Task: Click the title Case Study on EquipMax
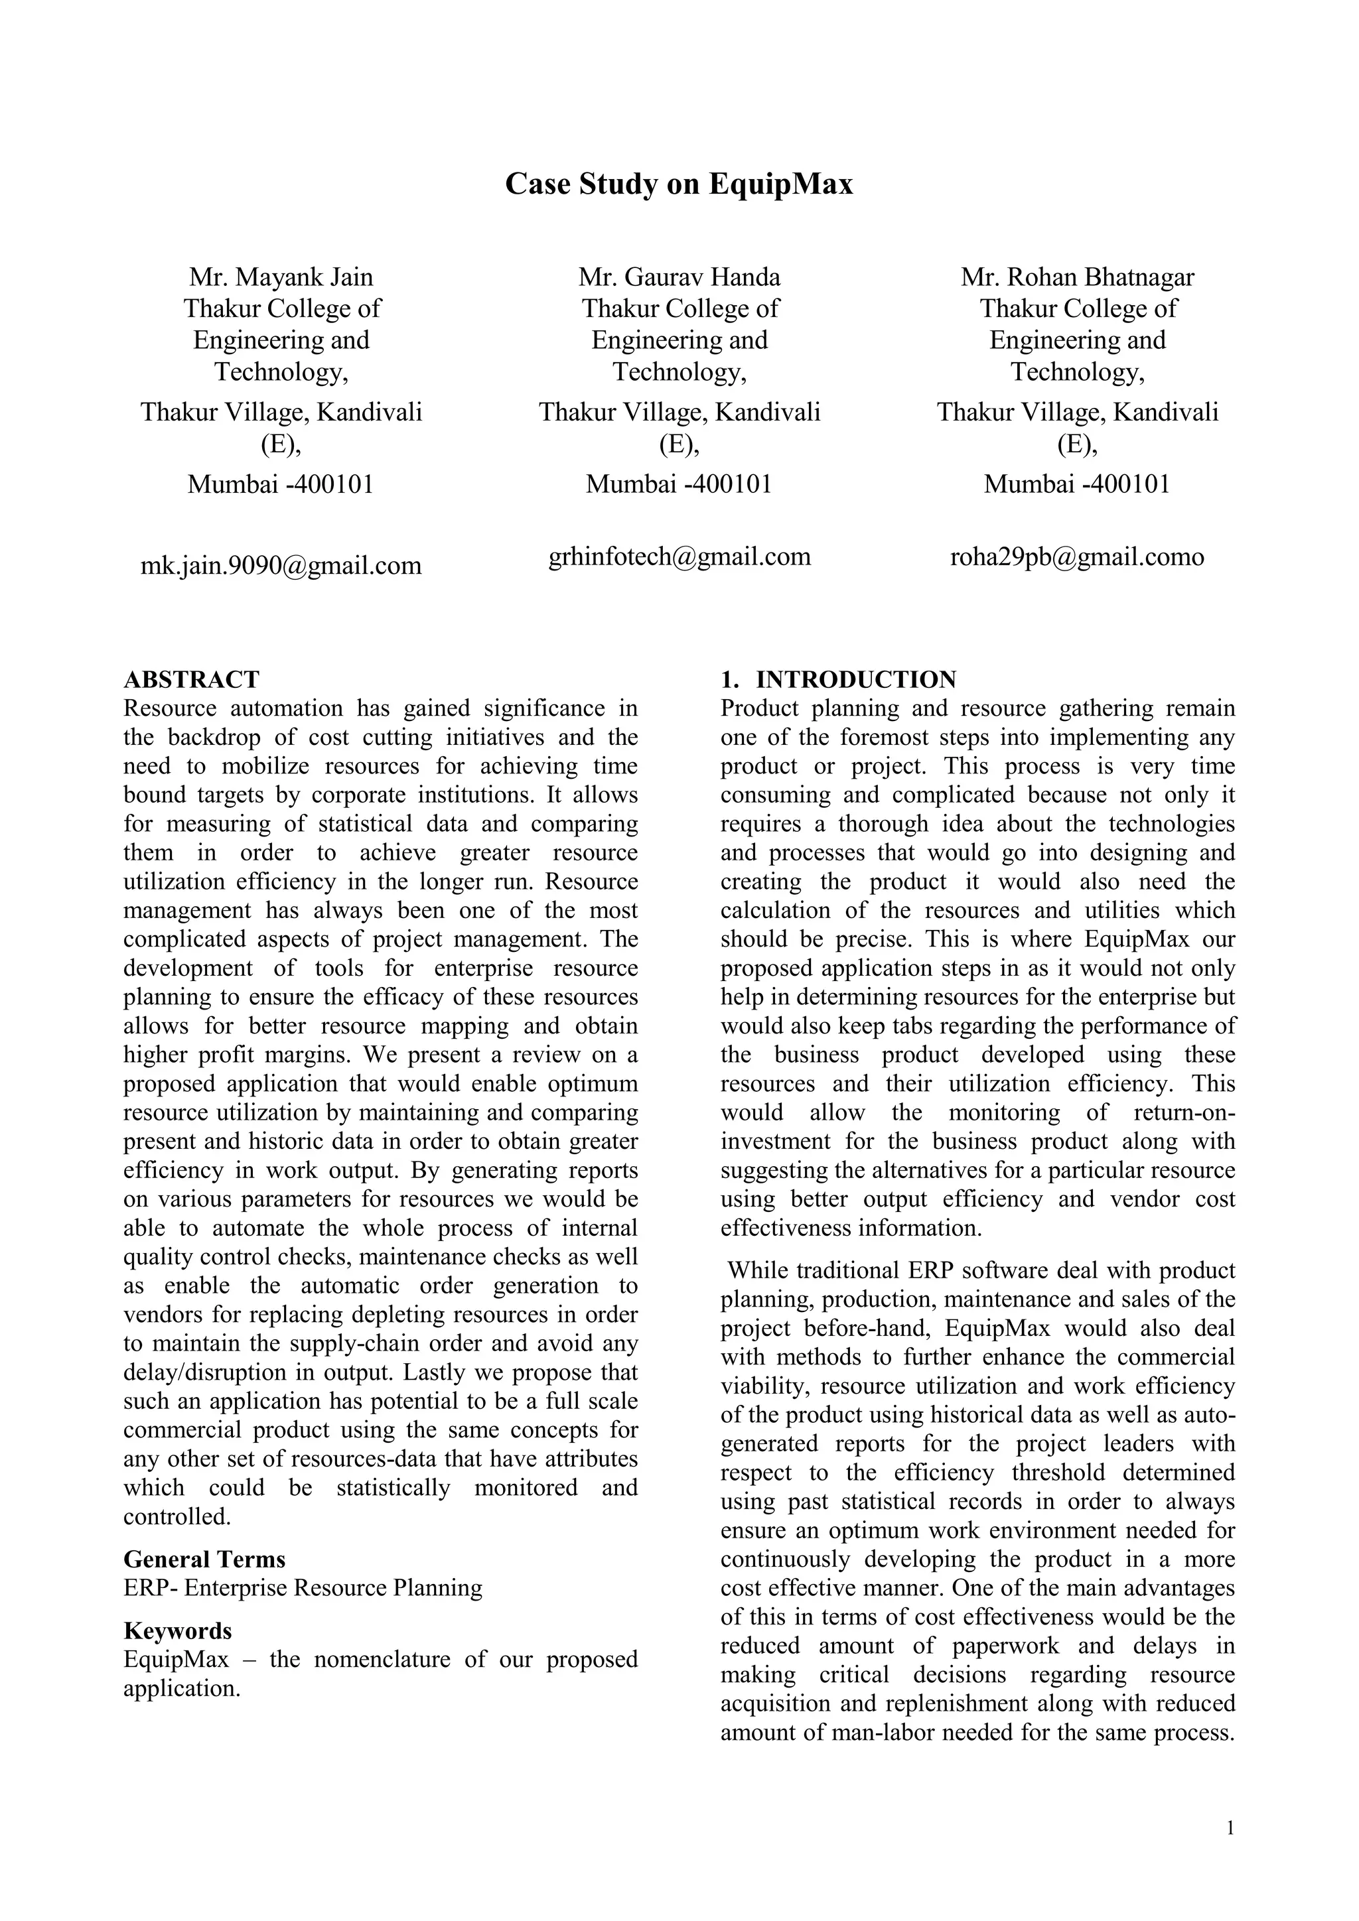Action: point(679,184)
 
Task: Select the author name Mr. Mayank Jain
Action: point(281,277)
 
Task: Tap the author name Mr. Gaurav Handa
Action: point(679,277)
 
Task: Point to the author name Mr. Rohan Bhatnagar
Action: point(1077,277)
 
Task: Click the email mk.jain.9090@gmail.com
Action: point(281,566)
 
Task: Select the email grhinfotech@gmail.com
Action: point(679,557)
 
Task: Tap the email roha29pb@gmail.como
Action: point(1077,557)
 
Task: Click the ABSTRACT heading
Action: point(192,679)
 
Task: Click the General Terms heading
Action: point(204,1559)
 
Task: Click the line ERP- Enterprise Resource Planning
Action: point(303,1588)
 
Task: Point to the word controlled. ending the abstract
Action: point(177,1517)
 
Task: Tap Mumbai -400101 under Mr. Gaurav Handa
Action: point(679,484)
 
